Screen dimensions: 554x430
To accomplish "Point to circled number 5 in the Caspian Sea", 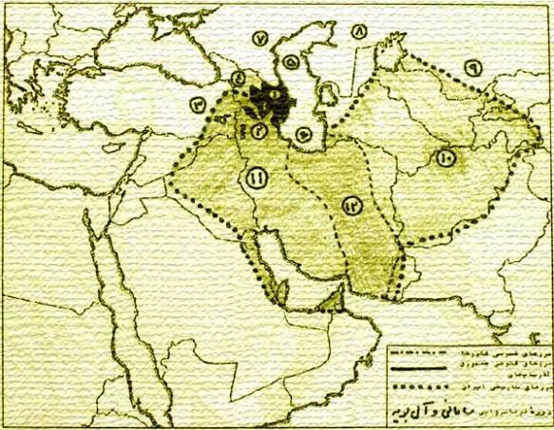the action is pos(291,66).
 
